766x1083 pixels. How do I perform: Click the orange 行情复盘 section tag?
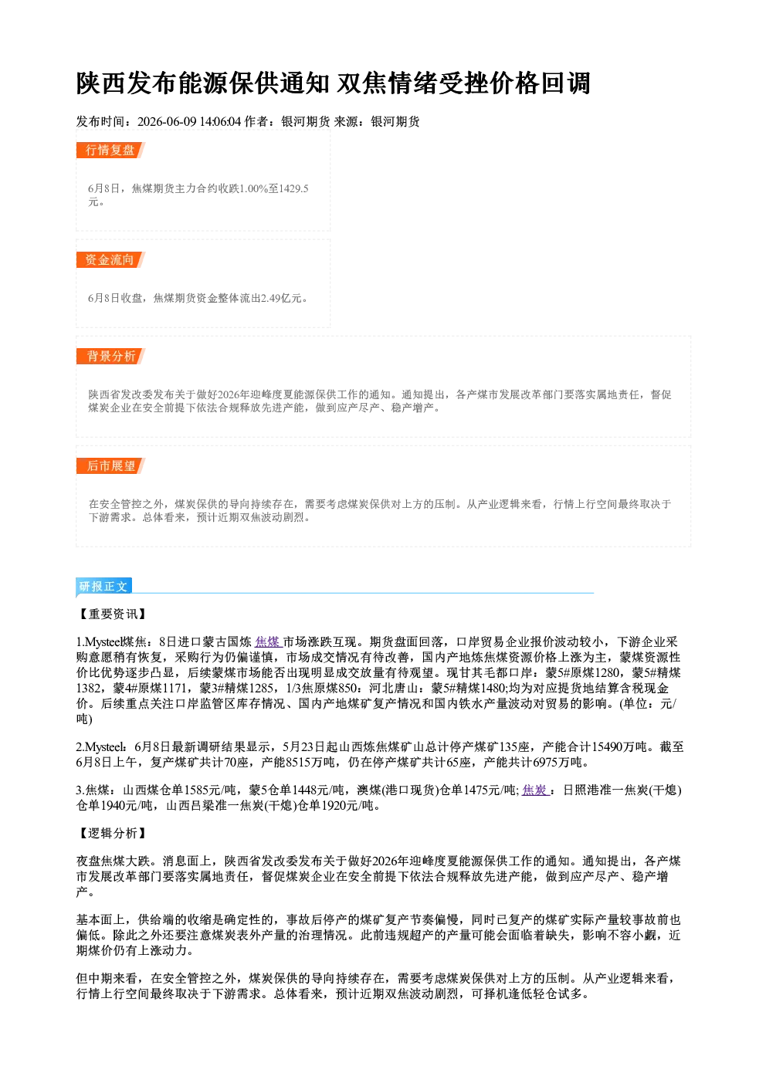[110, 151]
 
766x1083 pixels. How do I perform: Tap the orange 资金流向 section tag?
[110, 259]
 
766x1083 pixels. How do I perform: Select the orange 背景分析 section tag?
[110, 357]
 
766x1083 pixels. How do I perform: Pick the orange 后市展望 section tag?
[110, 466]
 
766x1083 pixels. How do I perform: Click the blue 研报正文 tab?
[103, 587]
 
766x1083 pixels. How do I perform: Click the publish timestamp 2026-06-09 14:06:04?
[189, 121]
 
